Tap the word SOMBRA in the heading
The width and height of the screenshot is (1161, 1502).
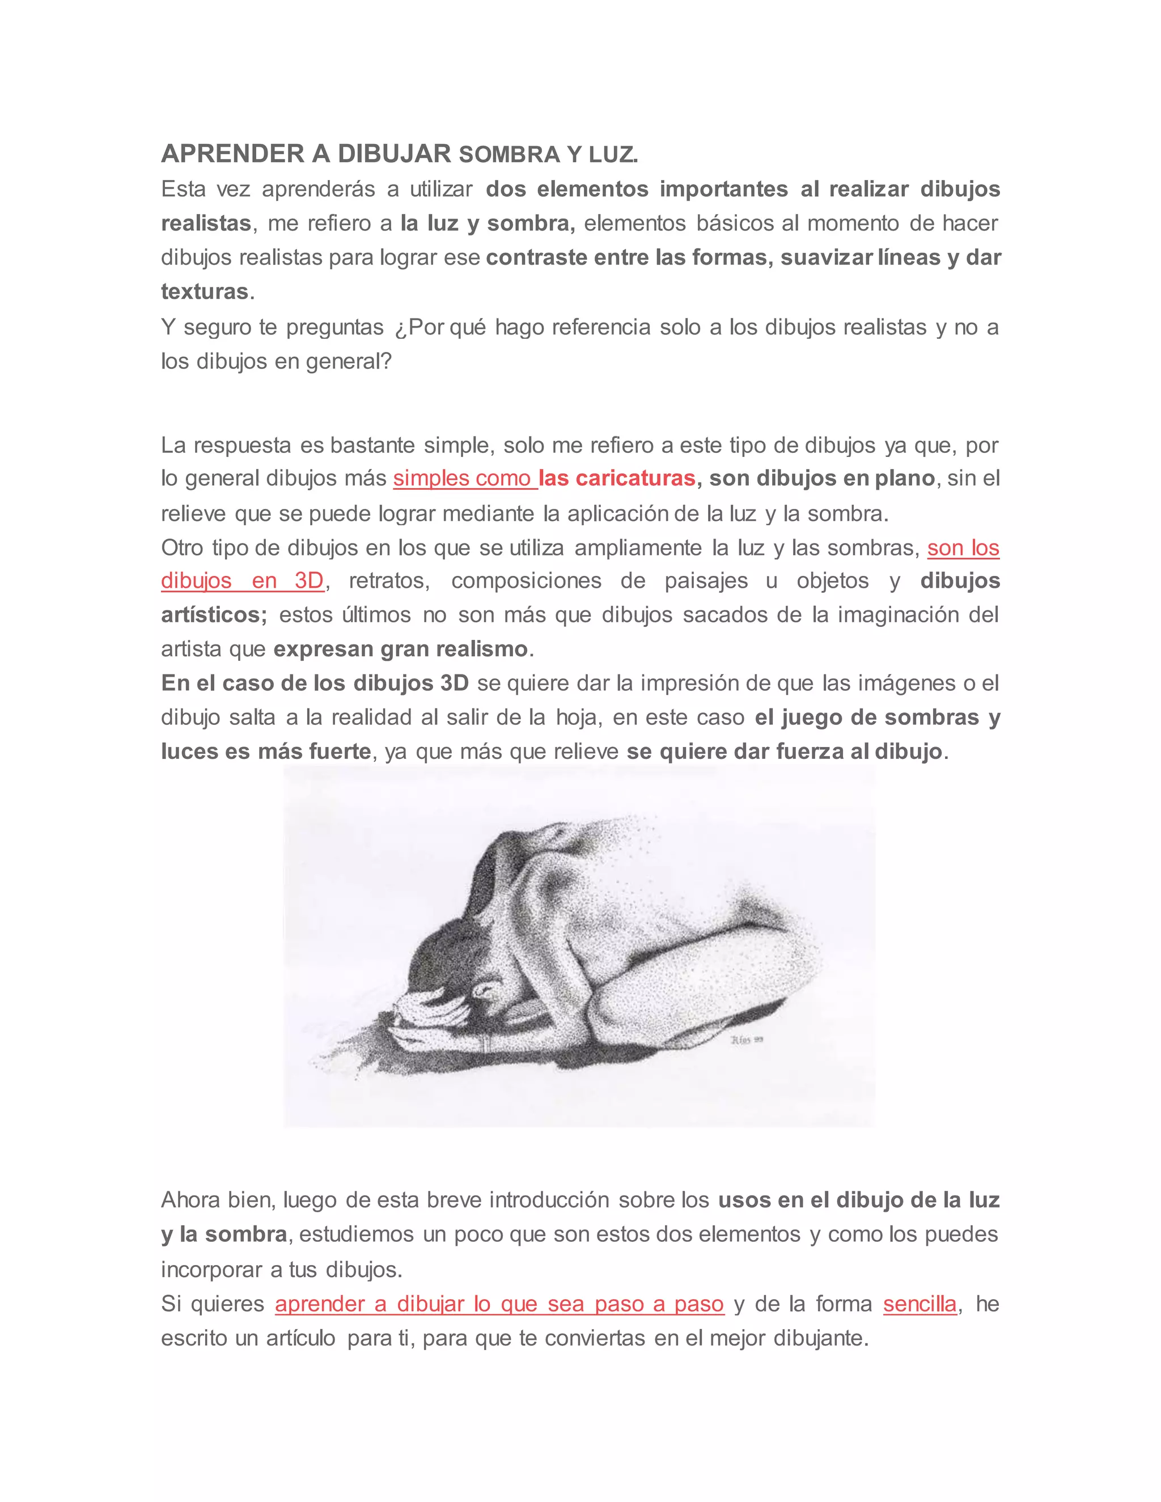(x=510, y=155)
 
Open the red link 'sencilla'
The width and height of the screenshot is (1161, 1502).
(x=920, y=1304)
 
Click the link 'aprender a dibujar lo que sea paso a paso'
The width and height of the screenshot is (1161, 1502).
(x=499, y=1304)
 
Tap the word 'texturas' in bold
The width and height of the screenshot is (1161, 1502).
(x=204, y=291)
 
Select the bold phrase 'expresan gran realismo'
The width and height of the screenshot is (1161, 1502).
(x=400, y=648)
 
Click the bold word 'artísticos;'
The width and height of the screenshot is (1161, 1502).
(x=214, y=614)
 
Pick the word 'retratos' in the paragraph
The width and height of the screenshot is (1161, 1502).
(x=388, y=580)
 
